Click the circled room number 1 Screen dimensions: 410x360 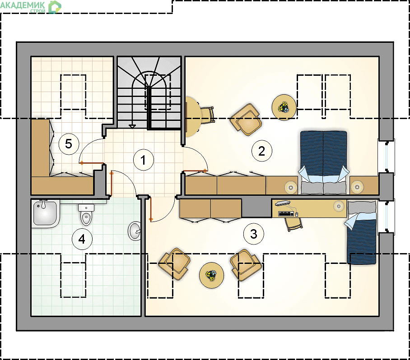tap(143, 160)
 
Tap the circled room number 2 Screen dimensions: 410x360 tap(261, 151)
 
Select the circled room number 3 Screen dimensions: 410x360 tap(253, 234)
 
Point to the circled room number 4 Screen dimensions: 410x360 tap(82, 239)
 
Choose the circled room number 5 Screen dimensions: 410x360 tap(69, 144)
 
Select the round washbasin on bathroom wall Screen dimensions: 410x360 tap(135, 231)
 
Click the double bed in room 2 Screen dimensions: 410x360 tap(323, 162)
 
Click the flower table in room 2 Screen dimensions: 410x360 tap(284, 107)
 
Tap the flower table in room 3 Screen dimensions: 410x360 tap(211, 275)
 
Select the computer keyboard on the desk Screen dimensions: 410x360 tap(286, 214)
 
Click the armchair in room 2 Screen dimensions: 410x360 tap(246, 120)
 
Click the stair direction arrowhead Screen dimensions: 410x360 tap(132, 127)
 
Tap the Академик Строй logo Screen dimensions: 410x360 tap(31, 7)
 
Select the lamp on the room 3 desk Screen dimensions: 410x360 tap(339, 206)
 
